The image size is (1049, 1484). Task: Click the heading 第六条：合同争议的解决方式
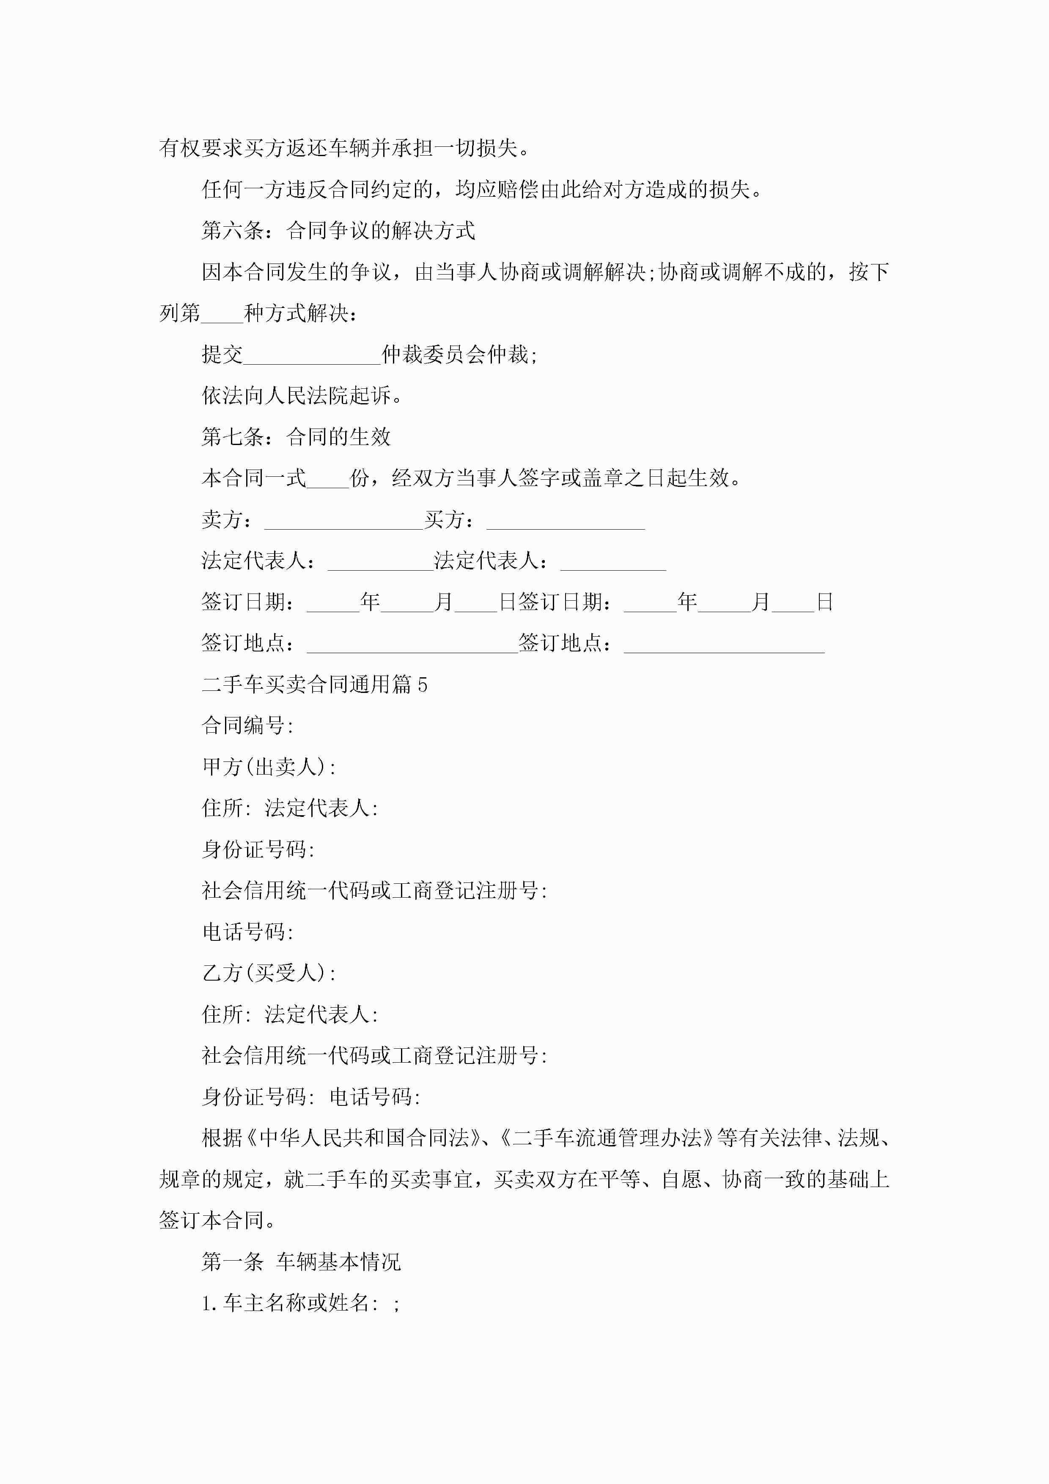pos(338,231)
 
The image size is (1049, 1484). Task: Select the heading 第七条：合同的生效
pos(296,437)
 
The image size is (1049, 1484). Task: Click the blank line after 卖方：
pos(343,521)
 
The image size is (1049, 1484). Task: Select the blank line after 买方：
pos(566,521)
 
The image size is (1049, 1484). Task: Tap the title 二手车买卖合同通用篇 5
pos(314,684)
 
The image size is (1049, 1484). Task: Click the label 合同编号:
pos(247,726)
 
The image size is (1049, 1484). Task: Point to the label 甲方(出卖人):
pos(269,767)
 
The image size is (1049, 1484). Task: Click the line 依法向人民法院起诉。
pos(302,396)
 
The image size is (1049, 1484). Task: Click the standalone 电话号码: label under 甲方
pos(247,932)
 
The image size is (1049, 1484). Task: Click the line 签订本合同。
pos(218,1221)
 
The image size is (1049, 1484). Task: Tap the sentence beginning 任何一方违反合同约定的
pos(481,190)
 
